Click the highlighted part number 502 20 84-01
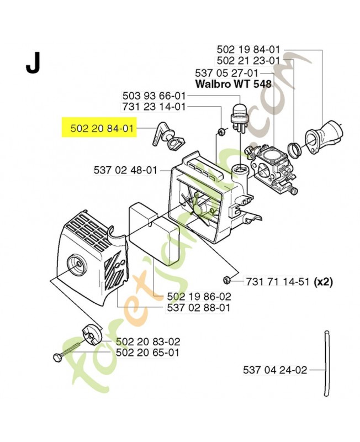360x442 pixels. [x=102, y=129]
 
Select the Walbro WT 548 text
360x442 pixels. [x=234, y=84]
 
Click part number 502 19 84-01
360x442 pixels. [x=248, y=50]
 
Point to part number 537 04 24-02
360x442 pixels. [x=275, y=370]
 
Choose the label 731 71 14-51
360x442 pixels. [x=278, y=282]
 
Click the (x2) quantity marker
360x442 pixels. [x=323, y=282]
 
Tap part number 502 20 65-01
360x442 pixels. [x=147, y=352]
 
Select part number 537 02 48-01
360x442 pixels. [x=125, y=170]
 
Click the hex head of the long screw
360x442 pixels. [x=57, y=357]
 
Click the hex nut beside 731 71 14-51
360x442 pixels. [x=226, y=280]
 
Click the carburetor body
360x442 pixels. [x=271, y=169]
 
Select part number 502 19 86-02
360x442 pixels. [x=199, y=296]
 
